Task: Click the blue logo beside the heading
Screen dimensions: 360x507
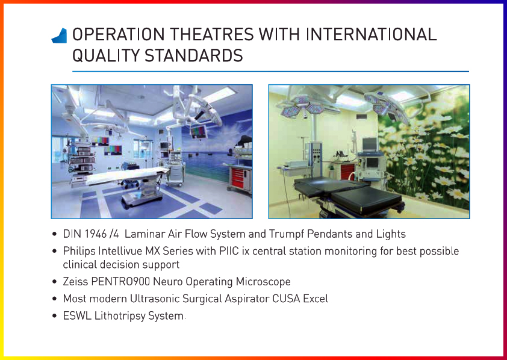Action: (59, 36)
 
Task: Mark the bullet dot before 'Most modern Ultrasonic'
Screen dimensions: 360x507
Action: (55, 299)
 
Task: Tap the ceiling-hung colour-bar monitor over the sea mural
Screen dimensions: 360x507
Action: (199, 130)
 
